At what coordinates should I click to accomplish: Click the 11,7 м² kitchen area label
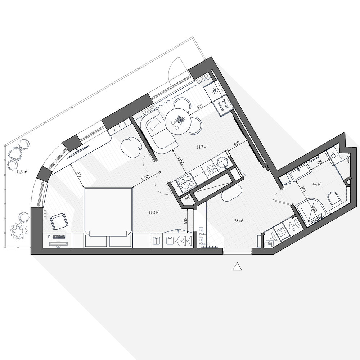[202, 147]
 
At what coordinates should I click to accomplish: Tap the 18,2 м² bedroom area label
[154, 212]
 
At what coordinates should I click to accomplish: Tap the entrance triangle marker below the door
[237, 266]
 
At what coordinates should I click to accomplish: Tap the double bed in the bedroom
[108, 218]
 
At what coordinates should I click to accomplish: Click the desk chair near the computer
[59, 221]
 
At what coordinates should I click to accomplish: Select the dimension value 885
[185, 221]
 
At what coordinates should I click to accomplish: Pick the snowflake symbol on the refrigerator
[215, 90]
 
